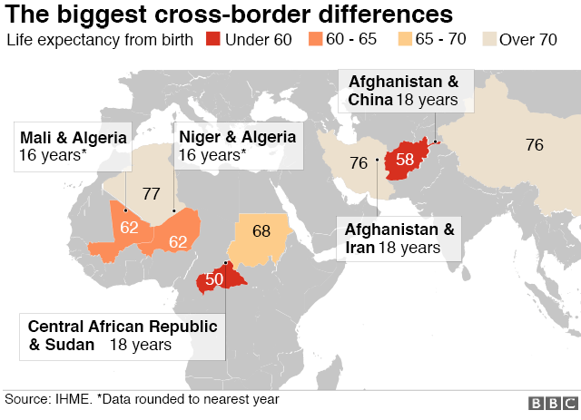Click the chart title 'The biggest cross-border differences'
pyautogui.click(x=230, y=15)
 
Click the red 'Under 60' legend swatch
pyautogui.click(x=212, y=40)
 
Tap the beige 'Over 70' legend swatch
pyautogui.click(x=488, y=40)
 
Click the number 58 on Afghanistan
pyautogui.click(x=405, y=160)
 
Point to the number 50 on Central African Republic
pyautogui.click(x=214, y=279)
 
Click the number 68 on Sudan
pyautogui.click(x=261, y=231)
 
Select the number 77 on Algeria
pyautogui.click(x=152, y=193)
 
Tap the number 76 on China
pyautogui.click(x=534, y=144)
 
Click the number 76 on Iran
pyautogui.click(x=359, y=163)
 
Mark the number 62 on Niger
pyautogui.click(x=178, y=241)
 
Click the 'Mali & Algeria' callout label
pyautogui.click(x=73, y=145)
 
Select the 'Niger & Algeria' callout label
pyautogui.click(x=238, y=145)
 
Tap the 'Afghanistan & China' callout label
pyautogui.click(x=405, y=90)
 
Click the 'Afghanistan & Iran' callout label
pyautogui.click(x=399, y=238)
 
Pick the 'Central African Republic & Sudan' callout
pyautogui.click(x=123, y=335)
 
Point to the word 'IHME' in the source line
pyautogui.click(x=71, y=398)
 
